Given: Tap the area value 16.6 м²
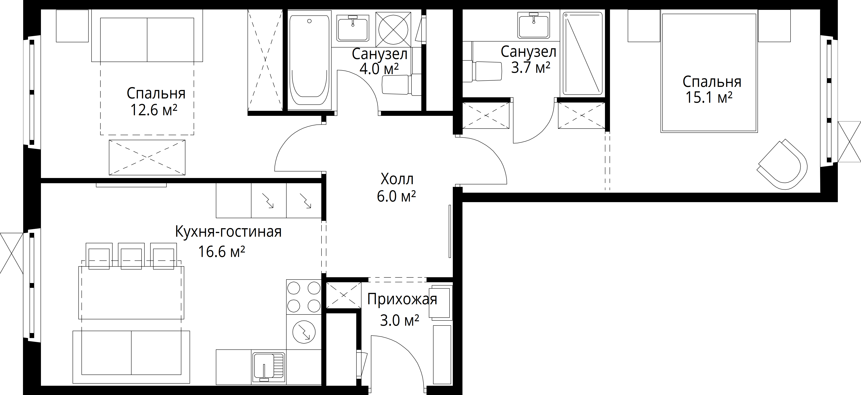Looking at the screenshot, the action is tap(222, 251).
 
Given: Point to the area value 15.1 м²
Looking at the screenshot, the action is tap(709, 97).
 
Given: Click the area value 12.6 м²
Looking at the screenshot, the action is tap(154, 110).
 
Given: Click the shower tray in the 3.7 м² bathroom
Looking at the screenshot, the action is tap(583, 53).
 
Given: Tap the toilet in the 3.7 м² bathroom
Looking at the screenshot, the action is tap(482, 71).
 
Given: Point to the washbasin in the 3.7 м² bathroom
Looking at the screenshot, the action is tap(534, 25).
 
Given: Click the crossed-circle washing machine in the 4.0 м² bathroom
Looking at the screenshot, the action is tap(393, 29).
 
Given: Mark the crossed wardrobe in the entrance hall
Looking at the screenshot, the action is tap(344, 295).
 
